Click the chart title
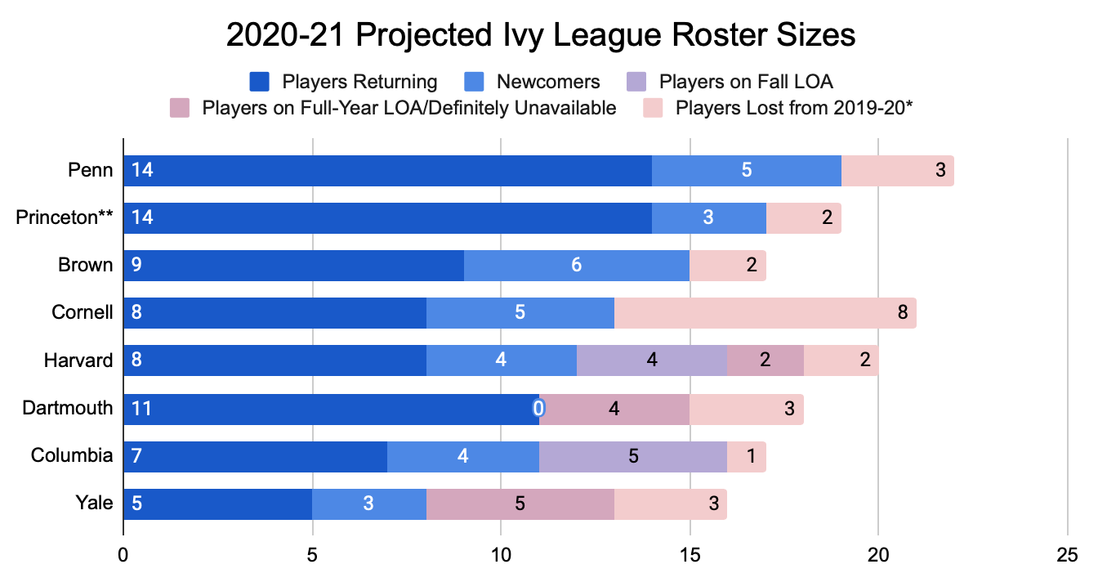click(541, 37)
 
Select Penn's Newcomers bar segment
click(746, 171)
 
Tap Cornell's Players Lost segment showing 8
click(765, 313)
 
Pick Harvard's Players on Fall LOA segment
click(651, 360)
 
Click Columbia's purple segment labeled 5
click(633, 457)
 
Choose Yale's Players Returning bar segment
click(217, 504)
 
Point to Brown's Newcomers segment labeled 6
click(577, 266)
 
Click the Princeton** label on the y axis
click(65, 218)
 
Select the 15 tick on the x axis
click(690, 553)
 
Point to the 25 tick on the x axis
click(1067, 553)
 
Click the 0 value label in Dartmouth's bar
click(538, 409)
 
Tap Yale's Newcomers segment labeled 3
click(368, 504)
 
